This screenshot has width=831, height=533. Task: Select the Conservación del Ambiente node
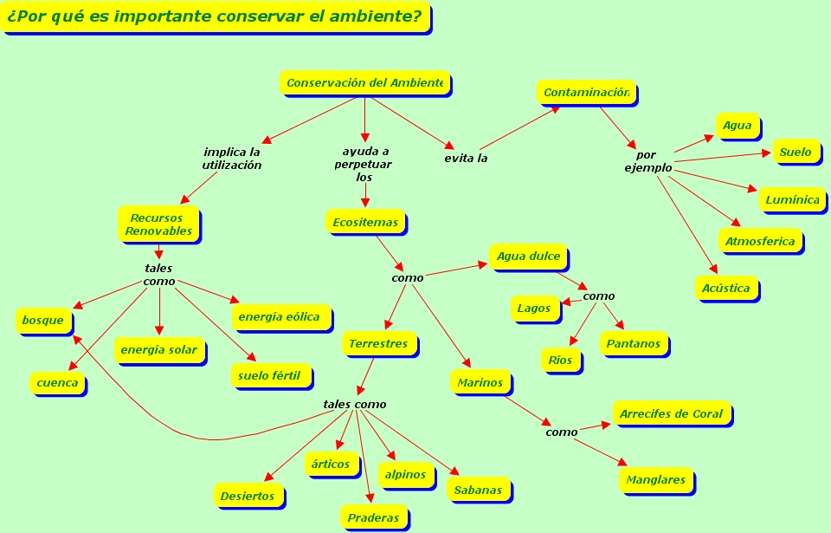click(x=364, y=83)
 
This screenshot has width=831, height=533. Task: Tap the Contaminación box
click(x=586, y=92)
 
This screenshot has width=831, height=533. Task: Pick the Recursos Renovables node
click(x=158, y=224)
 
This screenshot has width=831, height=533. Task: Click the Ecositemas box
click(x=365, y=223)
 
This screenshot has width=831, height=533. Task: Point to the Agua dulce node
click(x=528, y=257)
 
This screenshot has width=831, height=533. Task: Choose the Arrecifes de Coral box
click(x=672, y=414)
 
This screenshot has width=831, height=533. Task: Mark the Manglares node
click(x=655, y=480)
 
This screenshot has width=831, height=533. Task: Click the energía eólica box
click(x=279, y=317)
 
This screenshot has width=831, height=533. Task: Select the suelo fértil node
click(x=269, y=376)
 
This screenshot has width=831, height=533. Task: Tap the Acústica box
click(x=726, y=289)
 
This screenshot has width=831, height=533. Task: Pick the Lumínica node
click(x=792, y=200)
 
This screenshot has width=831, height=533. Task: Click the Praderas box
click(x=373, y=518)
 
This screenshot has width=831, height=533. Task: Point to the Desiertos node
click(x=248, y=497)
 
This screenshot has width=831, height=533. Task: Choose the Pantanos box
click(x=633, y=344)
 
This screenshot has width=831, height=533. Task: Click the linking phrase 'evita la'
click(x=466, y=158)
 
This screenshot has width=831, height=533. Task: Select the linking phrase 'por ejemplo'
click(x=647, y=161)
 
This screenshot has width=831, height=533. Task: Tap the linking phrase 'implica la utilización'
click(x=231, y=158)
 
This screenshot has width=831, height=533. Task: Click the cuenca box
click(x=57, y=383)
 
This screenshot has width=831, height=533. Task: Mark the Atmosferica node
click(x=760, y=242)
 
